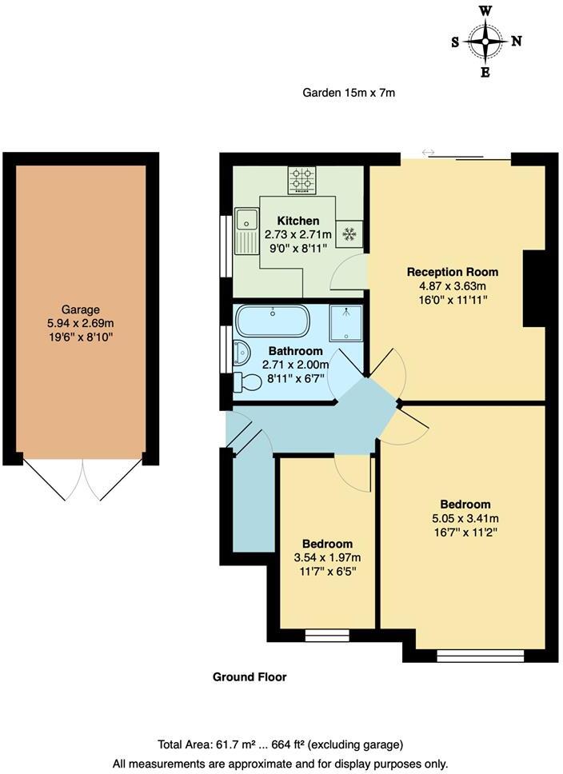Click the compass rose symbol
click(x=485, y=42)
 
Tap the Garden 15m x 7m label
click(x=349, y=93)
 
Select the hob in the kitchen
click(x=301, y=180)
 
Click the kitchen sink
click(x=246, y=217)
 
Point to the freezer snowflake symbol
click(x=349, y=233)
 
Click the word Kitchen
click(x=298, y=221)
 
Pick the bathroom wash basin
click(x=241, y=353)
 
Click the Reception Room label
click(x=447, y=270)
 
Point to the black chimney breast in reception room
click(x=533, y=289)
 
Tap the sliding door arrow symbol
click(x=428, y=152)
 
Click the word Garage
click(x=81, y=309)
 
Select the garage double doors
click(x=82, y=480)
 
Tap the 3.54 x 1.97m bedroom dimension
click(x=327, y=557)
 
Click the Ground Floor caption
click(x=250, y=676)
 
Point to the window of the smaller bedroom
click(x=321, y=636)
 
